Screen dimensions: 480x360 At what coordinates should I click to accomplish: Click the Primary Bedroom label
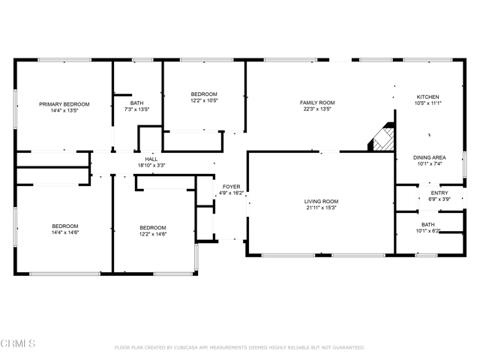point(64,104)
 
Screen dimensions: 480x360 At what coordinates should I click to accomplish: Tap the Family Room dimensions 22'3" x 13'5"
point(317,109)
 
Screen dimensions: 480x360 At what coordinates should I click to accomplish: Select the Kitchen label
point(428,97)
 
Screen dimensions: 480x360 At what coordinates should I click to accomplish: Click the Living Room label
point(321,202)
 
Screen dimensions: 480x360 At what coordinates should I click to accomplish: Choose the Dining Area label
point(430,157)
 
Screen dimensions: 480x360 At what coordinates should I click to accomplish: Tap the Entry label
point(439,193)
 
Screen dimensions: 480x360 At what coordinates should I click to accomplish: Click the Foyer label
point(232,187)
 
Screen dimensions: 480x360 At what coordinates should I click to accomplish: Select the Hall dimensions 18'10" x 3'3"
point(151,166)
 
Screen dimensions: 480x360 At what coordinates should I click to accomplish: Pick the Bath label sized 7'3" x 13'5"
point(136,103)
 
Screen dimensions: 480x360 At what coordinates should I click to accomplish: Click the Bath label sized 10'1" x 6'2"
point(427,225)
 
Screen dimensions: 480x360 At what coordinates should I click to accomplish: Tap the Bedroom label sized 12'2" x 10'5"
point(204,94)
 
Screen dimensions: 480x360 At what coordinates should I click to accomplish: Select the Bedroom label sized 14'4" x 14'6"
point(65,226)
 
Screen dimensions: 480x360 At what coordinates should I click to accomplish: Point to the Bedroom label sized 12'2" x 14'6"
point(153,228)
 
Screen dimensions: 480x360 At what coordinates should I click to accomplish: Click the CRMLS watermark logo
point(18,343)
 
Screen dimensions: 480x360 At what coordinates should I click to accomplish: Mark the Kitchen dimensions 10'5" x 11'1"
point(428,103)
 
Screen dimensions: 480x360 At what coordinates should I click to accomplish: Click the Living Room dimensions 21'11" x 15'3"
point(321,208)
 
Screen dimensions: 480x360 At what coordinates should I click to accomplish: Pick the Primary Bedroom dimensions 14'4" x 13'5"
point(64,111)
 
